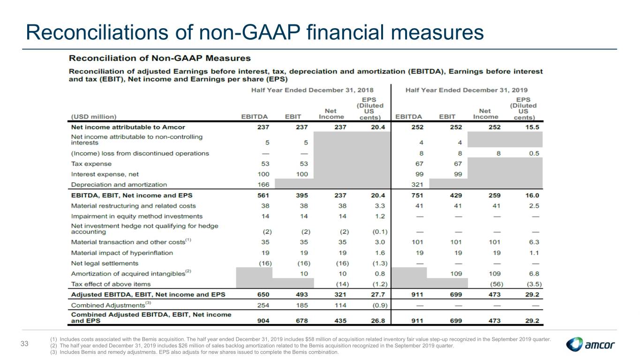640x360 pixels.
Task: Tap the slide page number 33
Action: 24,344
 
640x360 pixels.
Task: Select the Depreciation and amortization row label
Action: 119,185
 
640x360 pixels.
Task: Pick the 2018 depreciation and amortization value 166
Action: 264,185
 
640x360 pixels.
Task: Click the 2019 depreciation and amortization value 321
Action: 417,185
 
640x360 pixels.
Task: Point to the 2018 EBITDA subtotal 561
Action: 263,195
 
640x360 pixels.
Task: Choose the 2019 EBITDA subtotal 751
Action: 417,195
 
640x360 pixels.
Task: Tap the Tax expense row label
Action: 91,164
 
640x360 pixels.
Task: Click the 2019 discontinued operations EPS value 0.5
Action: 534,153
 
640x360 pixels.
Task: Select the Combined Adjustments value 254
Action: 263,306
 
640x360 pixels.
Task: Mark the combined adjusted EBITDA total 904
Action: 263,321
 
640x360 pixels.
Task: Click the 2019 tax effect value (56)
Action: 496,284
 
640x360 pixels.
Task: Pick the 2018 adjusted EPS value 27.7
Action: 378,294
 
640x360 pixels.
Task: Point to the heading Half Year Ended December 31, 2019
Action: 467,90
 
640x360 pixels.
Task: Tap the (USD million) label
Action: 94,117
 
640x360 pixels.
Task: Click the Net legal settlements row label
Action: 105,263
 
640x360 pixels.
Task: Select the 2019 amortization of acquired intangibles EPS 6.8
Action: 534,274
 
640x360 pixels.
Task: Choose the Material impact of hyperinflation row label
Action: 122,253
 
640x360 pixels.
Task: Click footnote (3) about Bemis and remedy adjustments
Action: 194,352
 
